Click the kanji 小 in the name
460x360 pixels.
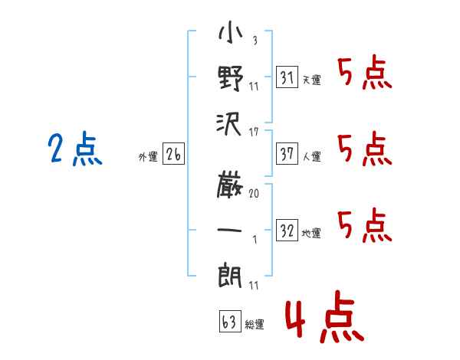pos(230,31)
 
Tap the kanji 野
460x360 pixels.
pos(231,78)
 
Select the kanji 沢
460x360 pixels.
pos(229,124)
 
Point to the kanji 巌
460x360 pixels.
pos(230,185)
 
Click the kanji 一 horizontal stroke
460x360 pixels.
pos(229,230)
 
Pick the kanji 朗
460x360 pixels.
pos(230,276)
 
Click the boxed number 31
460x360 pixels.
pos(287,77)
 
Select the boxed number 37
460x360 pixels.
pos(287,154)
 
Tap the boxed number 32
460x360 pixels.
pos(287,230)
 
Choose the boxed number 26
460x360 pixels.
pos(173,154)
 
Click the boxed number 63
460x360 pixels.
pos(230,321)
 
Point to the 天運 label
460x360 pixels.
pos(312,80)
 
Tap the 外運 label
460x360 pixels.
pos(148,156)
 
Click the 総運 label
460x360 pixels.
pos(255,324)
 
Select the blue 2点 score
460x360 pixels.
pos(75,148)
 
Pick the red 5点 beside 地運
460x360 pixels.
pos(365,225)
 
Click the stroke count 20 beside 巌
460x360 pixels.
pos(254,193)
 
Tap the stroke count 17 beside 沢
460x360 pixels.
pos(254,133)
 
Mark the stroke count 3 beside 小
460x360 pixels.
pos(255,40)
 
